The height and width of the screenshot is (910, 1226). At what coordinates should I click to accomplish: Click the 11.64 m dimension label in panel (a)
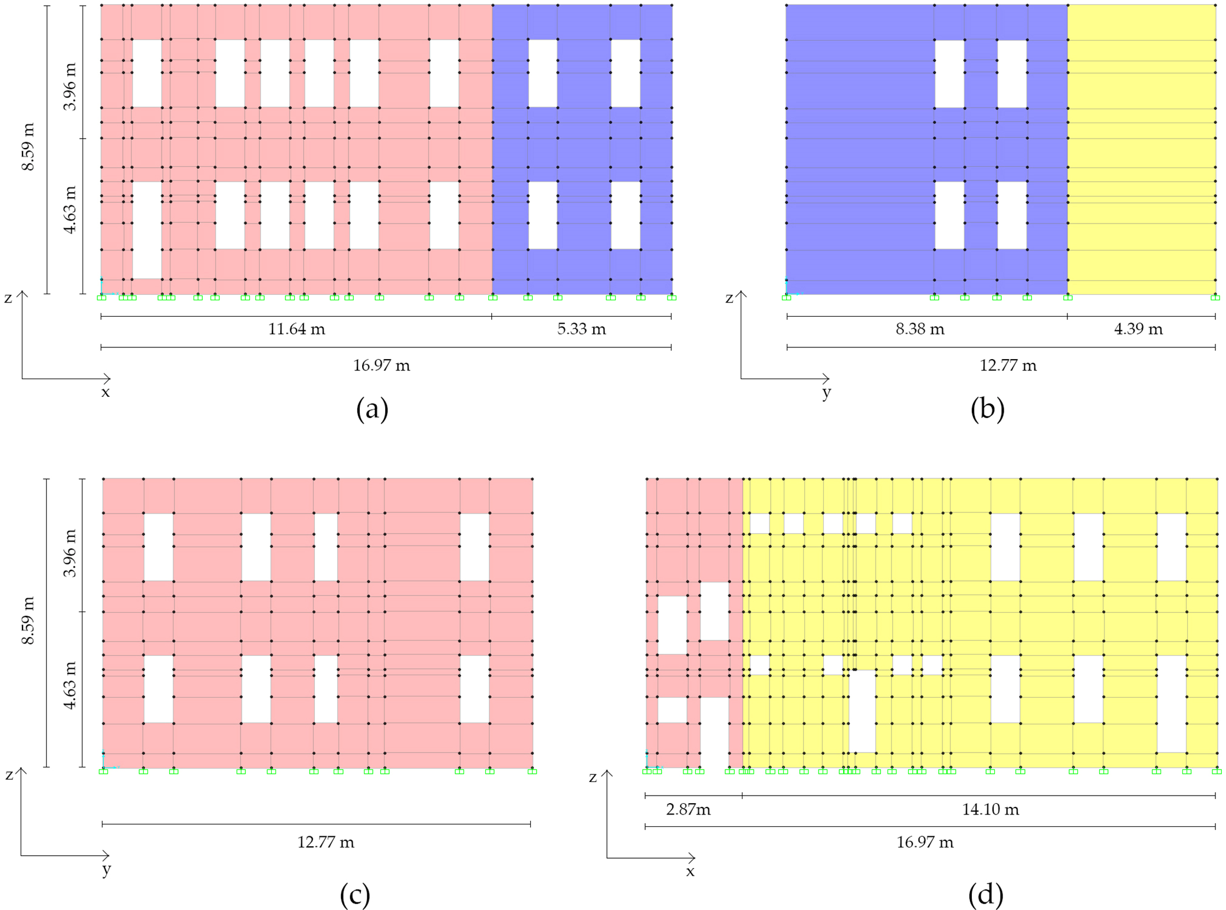297,329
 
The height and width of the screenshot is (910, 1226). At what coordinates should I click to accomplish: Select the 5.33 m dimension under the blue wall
581,329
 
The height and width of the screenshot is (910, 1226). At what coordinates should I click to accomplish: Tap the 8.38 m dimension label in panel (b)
920,329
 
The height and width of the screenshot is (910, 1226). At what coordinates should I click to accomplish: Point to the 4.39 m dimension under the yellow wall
1138,329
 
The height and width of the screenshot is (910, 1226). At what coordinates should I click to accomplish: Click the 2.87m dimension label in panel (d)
688,810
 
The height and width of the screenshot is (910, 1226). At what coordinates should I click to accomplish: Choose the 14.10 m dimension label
990,810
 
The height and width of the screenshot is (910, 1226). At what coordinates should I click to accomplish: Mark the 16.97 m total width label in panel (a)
382,366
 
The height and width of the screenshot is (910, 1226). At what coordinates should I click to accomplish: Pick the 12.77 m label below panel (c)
326,842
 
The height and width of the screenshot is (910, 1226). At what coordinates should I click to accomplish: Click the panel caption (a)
372,409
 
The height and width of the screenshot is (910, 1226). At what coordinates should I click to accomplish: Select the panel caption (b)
987,409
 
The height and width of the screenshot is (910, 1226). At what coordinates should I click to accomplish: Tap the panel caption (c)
355,895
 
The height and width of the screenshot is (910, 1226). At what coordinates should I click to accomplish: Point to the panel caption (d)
985,895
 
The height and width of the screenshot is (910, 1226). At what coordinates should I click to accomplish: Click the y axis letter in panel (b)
827,393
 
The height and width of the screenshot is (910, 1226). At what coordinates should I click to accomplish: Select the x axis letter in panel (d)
690,872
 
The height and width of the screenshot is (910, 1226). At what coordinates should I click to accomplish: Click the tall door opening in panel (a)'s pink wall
147,230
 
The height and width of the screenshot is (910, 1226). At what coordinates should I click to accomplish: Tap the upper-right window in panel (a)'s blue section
625,73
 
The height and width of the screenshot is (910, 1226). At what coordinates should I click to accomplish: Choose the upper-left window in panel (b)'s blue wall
949,74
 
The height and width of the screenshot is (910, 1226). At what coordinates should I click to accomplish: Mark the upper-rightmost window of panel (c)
474,547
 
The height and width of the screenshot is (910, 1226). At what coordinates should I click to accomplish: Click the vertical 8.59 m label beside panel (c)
28,620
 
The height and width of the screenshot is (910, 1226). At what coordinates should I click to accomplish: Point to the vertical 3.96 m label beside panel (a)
70,87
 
